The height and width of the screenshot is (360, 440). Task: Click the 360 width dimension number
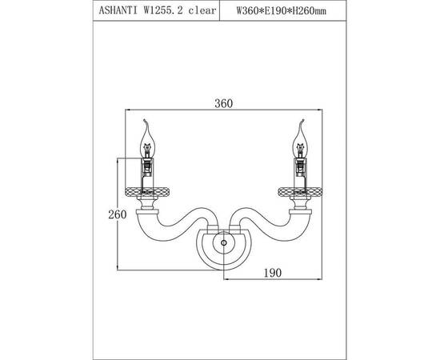pyautogui.click(x=224, y=103)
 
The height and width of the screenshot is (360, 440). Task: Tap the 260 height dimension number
pyautogui.click(x=118, y=214)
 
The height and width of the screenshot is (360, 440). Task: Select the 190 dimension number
pyautogui.click(x=273, y=273)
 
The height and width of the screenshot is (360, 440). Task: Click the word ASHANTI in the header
pyautogui.click(x=118, y=10)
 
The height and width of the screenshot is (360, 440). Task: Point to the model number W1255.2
pyautogui.click(x=163, y=10)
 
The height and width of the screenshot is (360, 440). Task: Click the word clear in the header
pyautogui.click(x=202, y=10)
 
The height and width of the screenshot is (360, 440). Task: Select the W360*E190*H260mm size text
pyautogui.click(x=282, y=10)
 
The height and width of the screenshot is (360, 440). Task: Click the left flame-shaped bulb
pyautogui.click(x=147, y=139)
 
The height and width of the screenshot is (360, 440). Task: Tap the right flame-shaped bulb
pyautogui.click(x=300, y=139)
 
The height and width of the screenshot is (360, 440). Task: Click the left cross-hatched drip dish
pyautogui.click(x=147, y=192)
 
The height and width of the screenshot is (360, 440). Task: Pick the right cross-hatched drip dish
pyautogui.click(x=300, y=192)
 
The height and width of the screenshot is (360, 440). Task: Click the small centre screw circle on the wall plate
pyautogui.click(x=224, y=242)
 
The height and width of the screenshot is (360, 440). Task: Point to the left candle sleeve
pyautogui.click(x=147, y=174)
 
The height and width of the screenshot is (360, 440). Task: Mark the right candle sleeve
pyautogui.click(x=300, y=174)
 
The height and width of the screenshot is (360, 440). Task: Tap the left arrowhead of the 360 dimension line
pyautogui.click(x=127, y=110)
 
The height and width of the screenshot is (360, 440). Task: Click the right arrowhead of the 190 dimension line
pyautogui.click(x=320, y=279)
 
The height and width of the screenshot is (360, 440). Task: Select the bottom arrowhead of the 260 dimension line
pyautogui.click(x=118, y=268)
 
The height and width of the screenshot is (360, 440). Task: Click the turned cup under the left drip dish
pyautogui.click(x=147, y=203)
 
